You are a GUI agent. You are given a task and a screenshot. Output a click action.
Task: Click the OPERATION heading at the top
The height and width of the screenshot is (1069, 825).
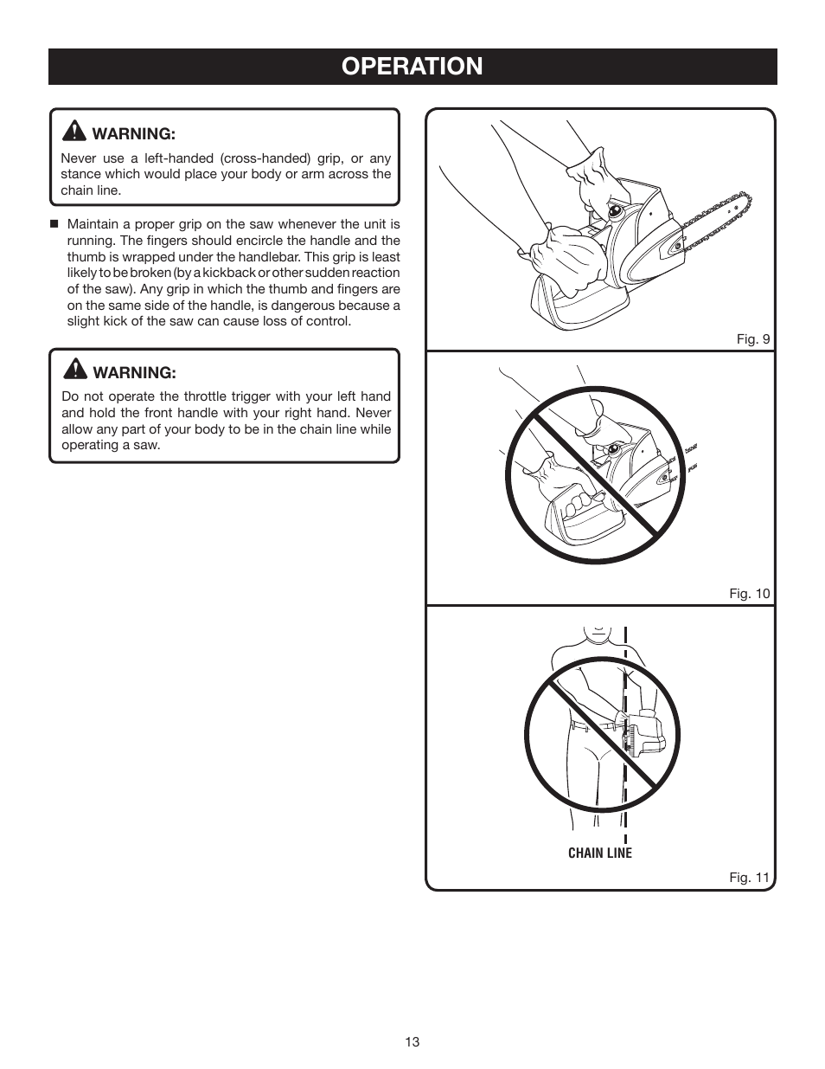412,67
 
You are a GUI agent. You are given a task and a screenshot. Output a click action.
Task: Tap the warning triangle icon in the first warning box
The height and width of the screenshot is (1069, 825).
74,132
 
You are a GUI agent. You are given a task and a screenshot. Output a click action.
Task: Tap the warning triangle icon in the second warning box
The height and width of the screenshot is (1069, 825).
74,370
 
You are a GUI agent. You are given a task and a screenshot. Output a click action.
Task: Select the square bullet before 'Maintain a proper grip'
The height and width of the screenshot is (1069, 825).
54,224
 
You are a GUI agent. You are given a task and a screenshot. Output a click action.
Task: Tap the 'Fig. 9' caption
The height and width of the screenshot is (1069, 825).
752,339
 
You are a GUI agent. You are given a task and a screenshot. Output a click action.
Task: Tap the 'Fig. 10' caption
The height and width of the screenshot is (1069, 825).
749,594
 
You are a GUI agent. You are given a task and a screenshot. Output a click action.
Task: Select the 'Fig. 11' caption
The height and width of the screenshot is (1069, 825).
749,878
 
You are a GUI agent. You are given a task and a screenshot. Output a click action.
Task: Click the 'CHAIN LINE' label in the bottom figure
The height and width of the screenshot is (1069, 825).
600,853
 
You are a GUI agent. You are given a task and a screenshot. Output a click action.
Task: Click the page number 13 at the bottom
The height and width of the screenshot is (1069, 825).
412,1041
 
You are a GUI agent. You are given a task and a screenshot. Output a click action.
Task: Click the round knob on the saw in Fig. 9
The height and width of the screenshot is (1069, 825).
615,209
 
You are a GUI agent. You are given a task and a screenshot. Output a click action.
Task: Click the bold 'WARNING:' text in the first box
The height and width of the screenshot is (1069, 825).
133,133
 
